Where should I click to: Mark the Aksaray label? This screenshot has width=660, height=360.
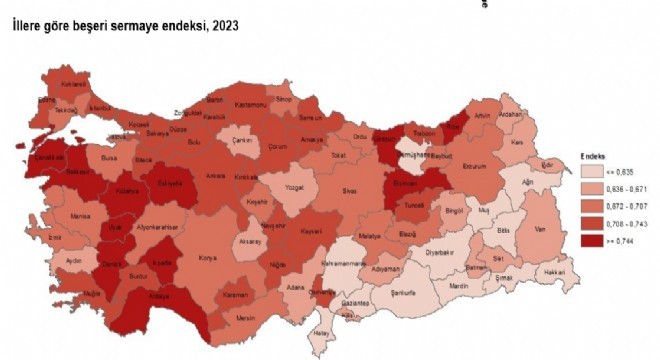[250, 242]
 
